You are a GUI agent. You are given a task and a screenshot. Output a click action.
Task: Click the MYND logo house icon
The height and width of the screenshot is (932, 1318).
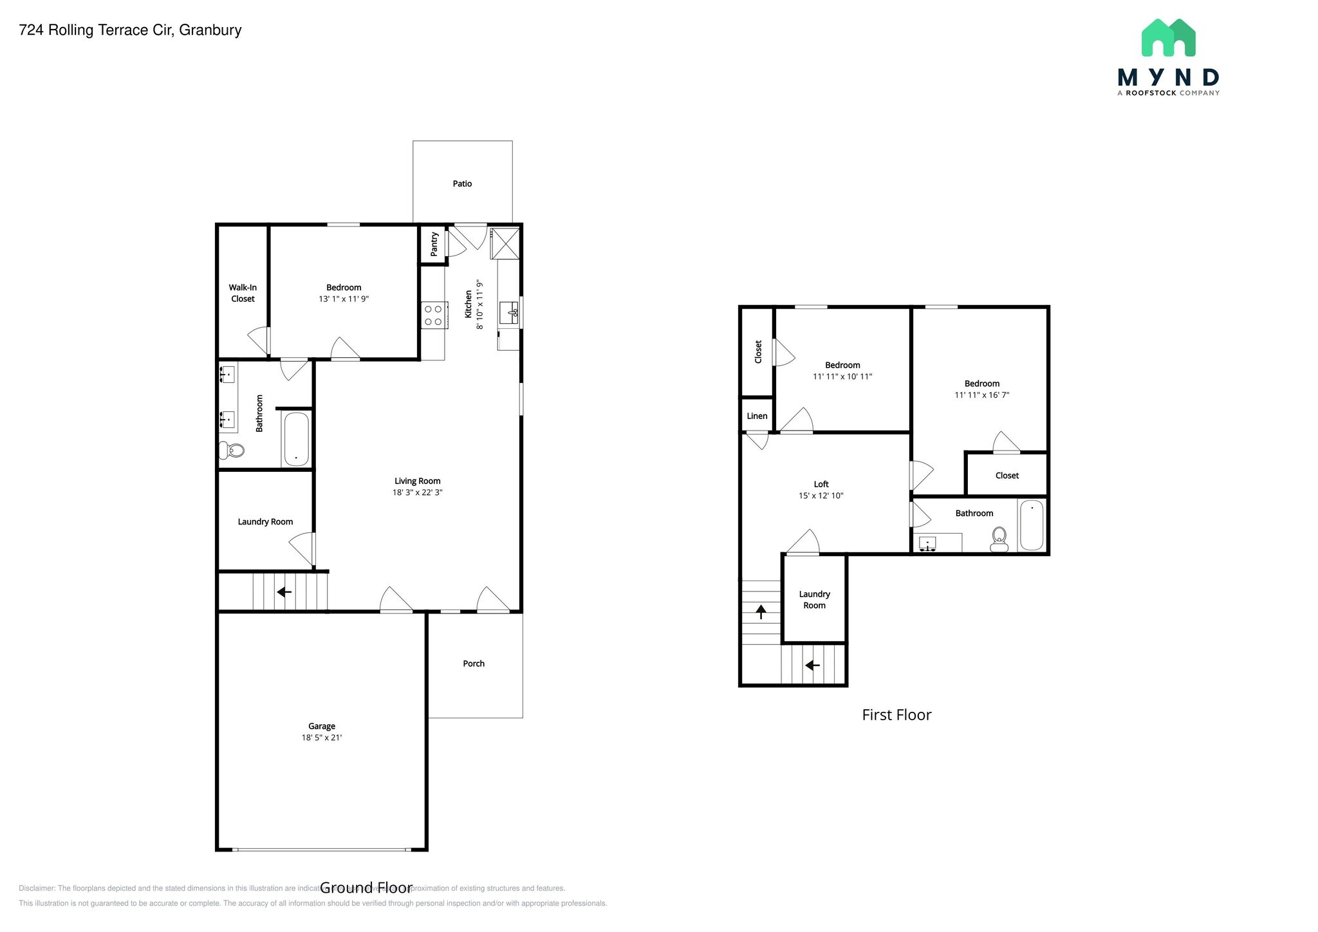coord(1168,38)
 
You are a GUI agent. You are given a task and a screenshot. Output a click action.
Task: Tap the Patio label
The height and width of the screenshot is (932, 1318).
coord(462,184)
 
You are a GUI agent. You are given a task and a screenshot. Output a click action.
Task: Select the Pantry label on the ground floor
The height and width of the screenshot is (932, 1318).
coord(434,244)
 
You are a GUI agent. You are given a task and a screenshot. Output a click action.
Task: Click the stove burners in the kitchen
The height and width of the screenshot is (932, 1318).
coord(433,315)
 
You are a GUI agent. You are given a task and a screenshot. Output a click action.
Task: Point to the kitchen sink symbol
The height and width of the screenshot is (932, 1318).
coord(510,313)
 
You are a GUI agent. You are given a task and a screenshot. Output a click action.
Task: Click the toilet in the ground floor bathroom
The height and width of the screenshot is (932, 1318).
coord(232,450)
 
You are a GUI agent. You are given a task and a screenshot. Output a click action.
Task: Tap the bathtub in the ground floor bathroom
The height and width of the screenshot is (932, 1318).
coord(296,439)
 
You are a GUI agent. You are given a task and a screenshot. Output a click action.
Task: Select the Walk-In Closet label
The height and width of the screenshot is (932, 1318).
coord(243,293)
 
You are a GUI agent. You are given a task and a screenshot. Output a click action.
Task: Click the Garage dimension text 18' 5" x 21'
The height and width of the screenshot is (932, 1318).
coord(322,738)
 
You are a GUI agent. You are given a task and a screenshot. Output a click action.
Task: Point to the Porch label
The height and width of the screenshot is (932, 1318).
coord(474,664)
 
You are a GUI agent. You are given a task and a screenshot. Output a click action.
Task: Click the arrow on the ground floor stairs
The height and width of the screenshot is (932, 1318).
coord(284,592)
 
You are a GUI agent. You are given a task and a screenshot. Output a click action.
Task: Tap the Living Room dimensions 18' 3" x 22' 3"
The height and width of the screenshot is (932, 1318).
coord(418,492)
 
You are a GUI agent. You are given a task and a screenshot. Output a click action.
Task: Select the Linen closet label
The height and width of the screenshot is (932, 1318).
coord(757,416)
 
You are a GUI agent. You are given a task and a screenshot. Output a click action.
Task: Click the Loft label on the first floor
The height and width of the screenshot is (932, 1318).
coord(821,484)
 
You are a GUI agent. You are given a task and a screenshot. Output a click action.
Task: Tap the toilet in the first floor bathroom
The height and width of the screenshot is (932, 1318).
coord(999,539)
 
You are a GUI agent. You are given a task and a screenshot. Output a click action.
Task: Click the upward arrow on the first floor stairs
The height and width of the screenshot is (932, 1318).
coord(761,611)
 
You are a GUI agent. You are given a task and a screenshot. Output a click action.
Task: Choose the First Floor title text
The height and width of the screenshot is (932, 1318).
coord(896,715)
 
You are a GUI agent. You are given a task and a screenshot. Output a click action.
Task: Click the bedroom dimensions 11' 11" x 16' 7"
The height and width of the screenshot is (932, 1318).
coord(981,395)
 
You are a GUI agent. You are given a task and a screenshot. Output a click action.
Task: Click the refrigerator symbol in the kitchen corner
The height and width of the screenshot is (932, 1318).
coord(505,243)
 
